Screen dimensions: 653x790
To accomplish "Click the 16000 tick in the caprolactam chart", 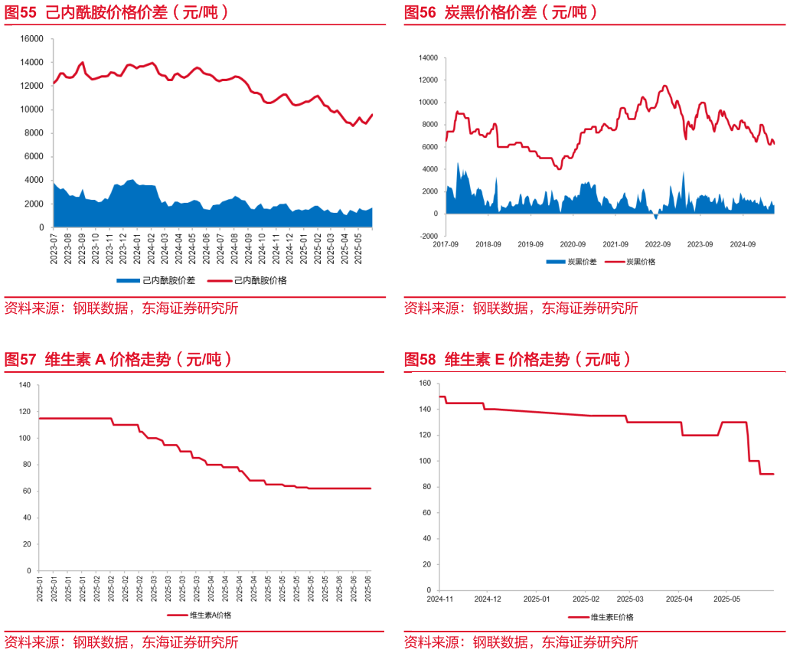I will pos(31,38).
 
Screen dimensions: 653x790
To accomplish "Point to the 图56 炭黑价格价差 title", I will pos(501,12).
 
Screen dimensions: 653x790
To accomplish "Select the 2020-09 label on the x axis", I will pos(573,244).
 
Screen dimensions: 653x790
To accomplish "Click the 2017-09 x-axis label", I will pos(446,244).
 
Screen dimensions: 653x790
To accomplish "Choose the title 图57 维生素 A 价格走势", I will pos(119,359).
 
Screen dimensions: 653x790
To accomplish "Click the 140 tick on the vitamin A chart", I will pos(24,385).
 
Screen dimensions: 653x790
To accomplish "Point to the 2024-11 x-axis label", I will pos(440,599).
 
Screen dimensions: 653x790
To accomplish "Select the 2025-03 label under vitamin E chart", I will pos(630,599).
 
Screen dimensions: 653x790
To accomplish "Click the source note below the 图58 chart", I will pos(521,642).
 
